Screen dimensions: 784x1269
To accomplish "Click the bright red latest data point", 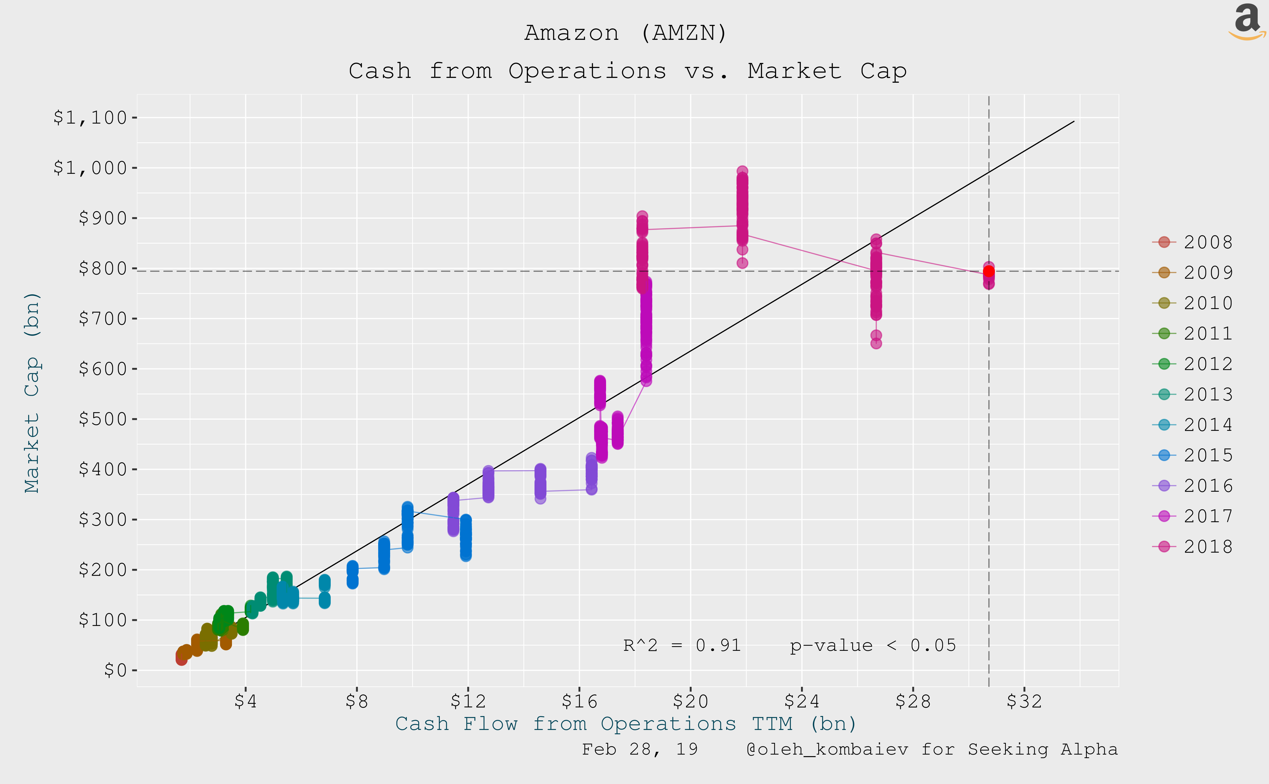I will pos(989,271).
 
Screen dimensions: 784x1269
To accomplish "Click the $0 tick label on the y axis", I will pos(115,670).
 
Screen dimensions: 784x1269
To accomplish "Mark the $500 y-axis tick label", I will pos(103,419).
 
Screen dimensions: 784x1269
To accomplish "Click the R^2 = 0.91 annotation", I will pos(682,645).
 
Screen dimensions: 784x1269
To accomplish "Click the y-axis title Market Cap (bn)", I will pos(32,393).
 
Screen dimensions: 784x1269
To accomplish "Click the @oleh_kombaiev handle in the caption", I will pos(827,749).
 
